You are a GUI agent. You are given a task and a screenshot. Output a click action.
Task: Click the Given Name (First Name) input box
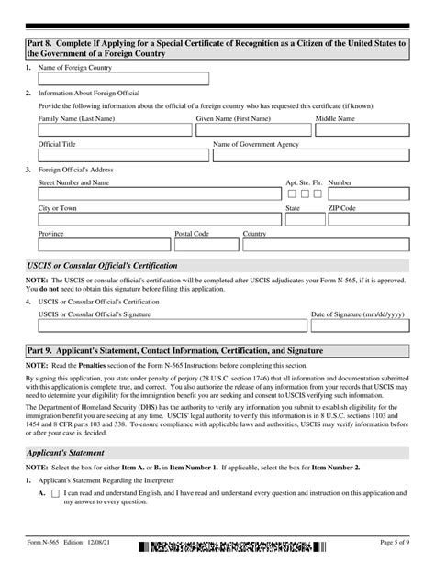pyautogui.click(x=253, y=134)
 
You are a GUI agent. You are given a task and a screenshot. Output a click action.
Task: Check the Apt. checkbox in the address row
pyautogui.click(x=292, y=194)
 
